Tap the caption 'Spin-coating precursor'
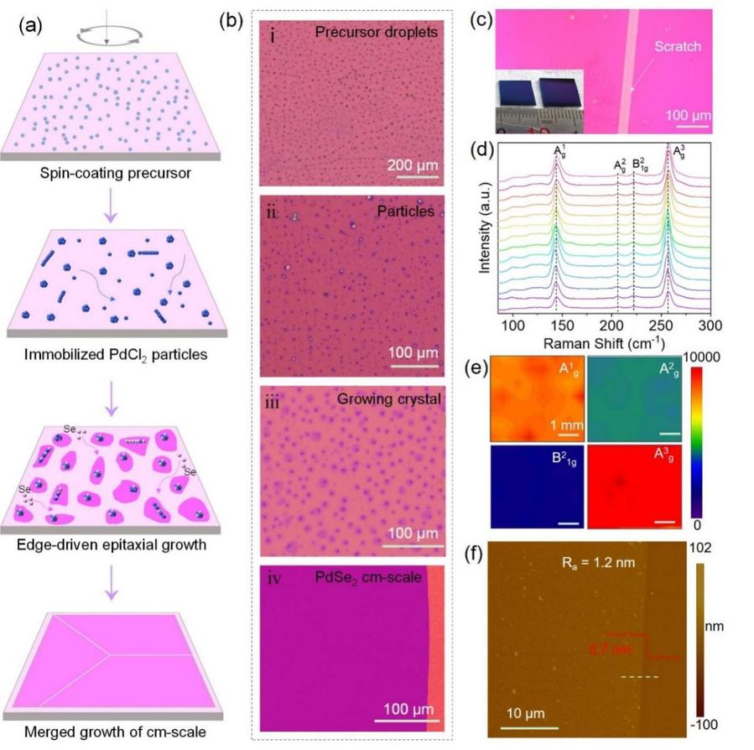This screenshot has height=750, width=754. click(x=112, y=174)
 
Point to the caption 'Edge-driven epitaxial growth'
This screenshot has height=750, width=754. click(x=112, y=544)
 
